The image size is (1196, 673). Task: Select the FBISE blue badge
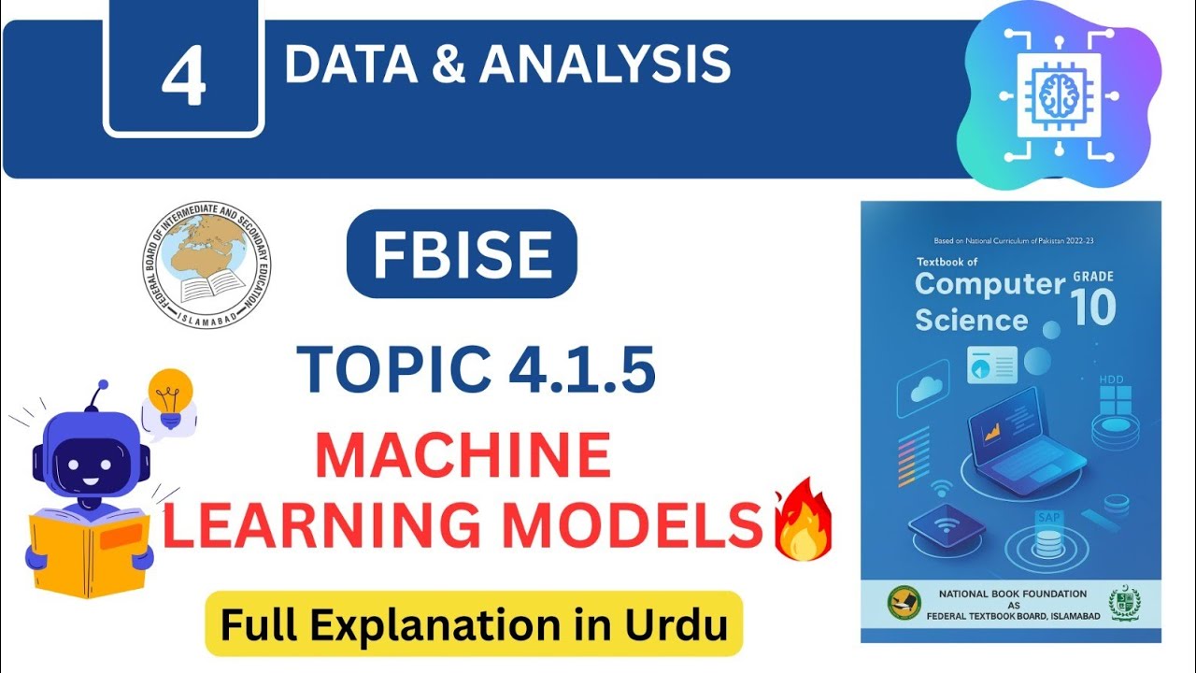462,254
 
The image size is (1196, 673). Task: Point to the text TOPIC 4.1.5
476,368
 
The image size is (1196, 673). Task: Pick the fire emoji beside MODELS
799,522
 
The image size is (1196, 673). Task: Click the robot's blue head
91,459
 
